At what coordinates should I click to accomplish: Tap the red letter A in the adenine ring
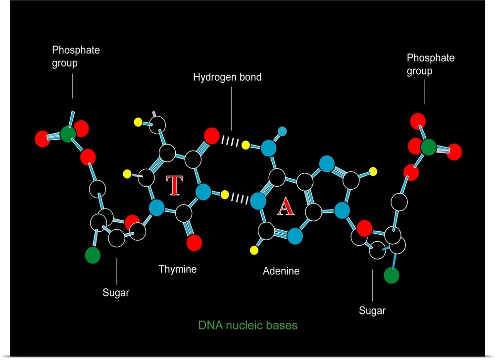(285, 207)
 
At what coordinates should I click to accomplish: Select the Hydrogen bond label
(227, 77)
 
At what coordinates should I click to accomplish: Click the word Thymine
(177, 269)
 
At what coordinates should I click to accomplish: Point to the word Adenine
(281, 271)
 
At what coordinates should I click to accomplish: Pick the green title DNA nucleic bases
(247, 326)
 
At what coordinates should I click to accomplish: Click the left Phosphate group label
(76, 57)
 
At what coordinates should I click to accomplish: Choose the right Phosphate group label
(430, 64)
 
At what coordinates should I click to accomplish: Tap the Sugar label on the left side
(116, 293)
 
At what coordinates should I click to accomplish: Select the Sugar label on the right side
(372, 311)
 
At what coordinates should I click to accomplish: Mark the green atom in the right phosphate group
(429, 147)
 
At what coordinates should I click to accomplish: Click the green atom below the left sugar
(93, 255)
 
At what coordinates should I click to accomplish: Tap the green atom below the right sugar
(392, 275)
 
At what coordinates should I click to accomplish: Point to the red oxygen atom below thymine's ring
(194, 243)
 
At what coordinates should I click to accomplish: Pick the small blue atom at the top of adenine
(283, 131)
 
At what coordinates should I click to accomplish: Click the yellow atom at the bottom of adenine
(256, 249)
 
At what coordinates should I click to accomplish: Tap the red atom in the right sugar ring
(364, 228)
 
